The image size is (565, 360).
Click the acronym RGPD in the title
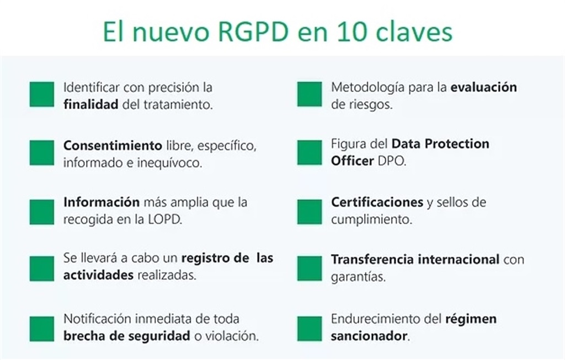pyautogui.click(x=253, y=31)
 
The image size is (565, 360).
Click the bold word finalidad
pyautogui.click(x=91, y=104)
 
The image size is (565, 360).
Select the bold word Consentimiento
pyautogui.click(x=113, y=146)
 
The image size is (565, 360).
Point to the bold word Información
pyautogui.click(x=102, y=202)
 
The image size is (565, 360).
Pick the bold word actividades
pyautogui.click(x=98, y=275)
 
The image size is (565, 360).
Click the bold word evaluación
pyautogui.click(x=483, y=87)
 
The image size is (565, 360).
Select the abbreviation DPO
pyautogui.click(x=392, y=161)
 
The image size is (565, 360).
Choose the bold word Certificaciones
pyautogui.click(x=377, y=202)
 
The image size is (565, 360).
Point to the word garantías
pyautogui.click(x=358, y=277)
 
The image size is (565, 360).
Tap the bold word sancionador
pyautogui.click(x=369, y=336)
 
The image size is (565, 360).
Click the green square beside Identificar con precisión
pyautogui.click(x=42, y=94)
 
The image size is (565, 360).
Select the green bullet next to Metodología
pyautogui.click(x=310, y=94)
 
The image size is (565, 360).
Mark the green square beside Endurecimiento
pyautogui.click(x=310, y=329)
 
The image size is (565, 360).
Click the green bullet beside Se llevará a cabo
pyautogui.click(x=42, y=268)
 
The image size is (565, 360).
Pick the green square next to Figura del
pyautogui.click(x=310, y=153)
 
